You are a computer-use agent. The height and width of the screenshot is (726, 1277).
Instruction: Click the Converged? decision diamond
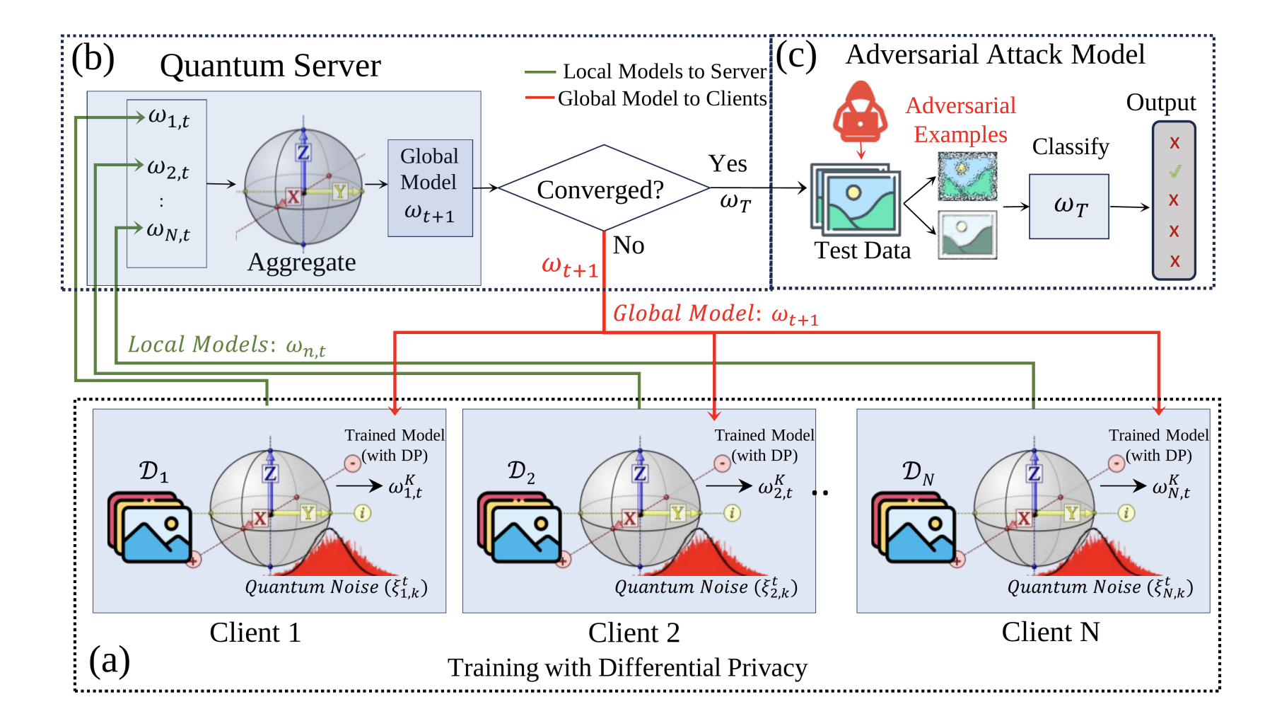(603, 189)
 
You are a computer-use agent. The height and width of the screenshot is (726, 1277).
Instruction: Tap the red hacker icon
(860, 113)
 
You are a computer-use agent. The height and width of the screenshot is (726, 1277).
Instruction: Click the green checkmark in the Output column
(1174, 171)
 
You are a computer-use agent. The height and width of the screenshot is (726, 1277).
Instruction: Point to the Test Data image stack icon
(856, 200)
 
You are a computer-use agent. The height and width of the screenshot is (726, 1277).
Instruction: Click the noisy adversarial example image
(967, 177)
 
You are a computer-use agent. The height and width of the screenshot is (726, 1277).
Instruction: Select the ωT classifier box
(1069, 207)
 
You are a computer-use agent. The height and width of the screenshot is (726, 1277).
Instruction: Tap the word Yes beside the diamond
(728, 164)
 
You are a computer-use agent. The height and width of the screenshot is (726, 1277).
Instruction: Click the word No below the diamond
(628, 246)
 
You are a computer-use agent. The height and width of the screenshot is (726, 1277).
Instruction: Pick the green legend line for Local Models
(540, 72)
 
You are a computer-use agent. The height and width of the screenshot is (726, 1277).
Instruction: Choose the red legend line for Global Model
(540, 98)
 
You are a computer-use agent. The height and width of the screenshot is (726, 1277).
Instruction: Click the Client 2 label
(634, 633)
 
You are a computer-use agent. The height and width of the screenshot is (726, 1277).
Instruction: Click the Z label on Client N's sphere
(1034, 473)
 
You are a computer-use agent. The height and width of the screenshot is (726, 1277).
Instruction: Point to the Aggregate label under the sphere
(302, 263)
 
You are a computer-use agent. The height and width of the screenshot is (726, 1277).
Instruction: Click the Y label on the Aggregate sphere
(340, 191)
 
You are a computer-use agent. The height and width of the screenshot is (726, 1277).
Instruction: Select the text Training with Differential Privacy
(627, 667)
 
